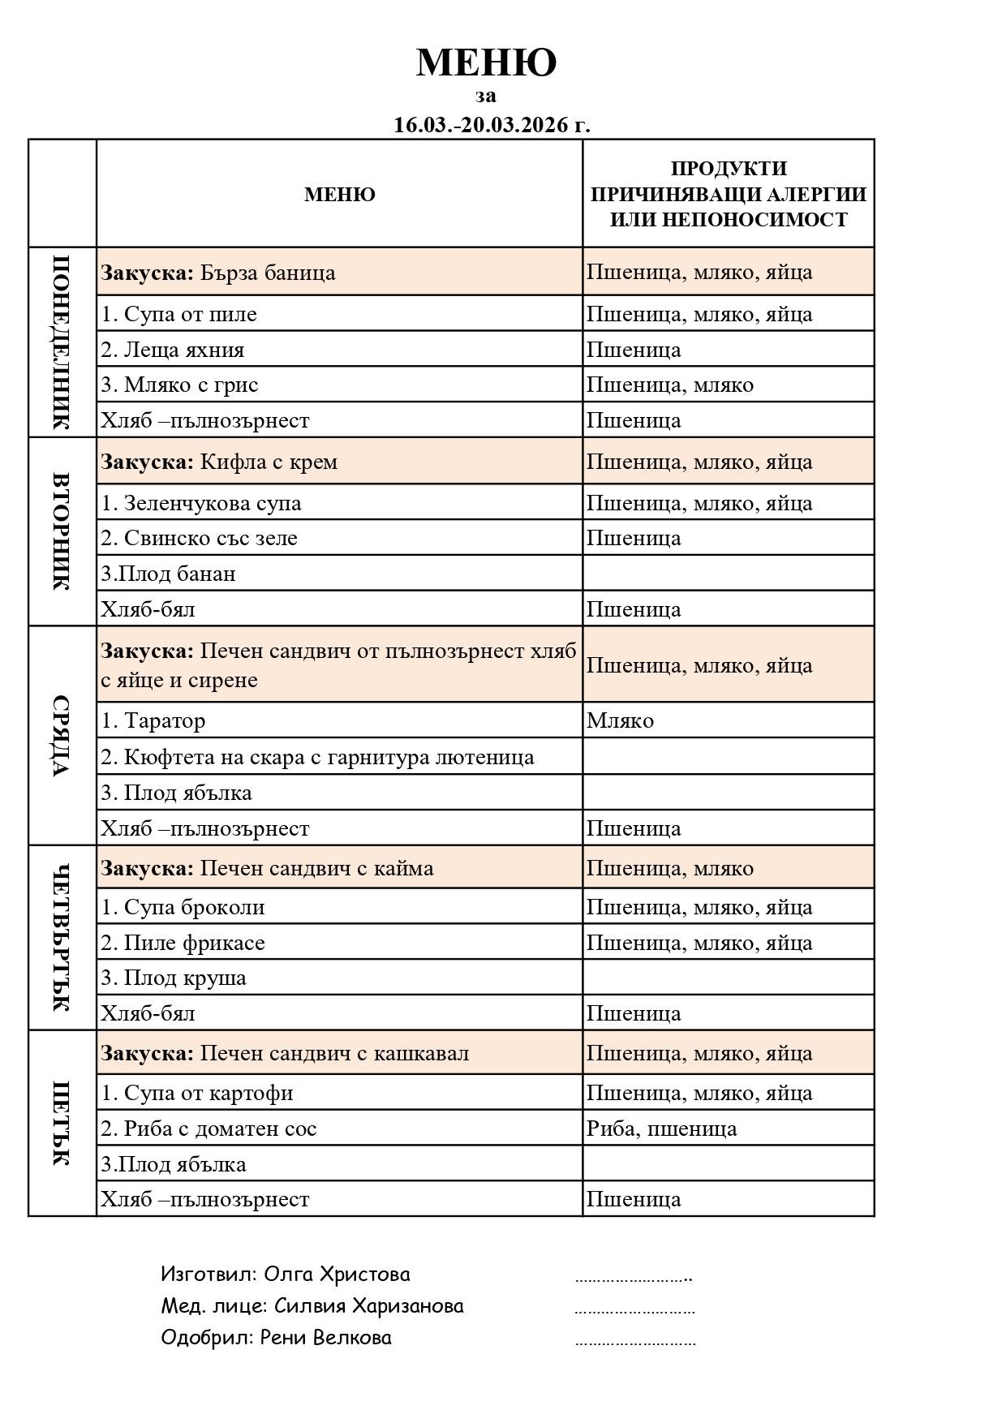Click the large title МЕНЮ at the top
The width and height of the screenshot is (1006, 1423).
coord(486,62)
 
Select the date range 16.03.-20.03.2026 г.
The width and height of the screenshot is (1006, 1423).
coord(492,125)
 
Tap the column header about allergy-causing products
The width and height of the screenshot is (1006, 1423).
coord(728,194)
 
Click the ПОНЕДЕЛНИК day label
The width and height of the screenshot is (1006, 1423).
coord(62,342)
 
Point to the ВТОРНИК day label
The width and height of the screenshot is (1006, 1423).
coord(62,531)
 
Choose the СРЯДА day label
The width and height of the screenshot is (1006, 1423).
coord(62,736)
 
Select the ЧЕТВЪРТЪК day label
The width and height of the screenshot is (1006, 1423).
coord(62,938)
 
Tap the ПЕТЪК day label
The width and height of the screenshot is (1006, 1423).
coord(62,1123)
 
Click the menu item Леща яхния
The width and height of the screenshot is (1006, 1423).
coord(172,350)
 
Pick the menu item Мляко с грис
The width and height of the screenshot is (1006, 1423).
coord(179,385)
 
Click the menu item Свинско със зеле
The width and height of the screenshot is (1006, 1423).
coord(199,538)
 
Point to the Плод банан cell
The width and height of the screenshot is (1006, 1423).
coord(168,574)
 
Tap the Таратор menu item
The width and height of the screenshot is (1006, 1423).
coord(153,720)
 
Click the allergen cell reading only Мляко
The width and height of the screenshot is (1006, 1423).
coord(621,720)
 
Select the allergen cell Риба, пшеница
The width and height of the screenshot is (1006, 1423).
coord(661,1129)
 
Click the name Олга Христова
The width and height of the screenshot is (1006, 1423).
coord(337,1274)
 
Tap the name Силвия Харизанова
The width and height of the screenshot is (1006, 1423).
coord(369,1305)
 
